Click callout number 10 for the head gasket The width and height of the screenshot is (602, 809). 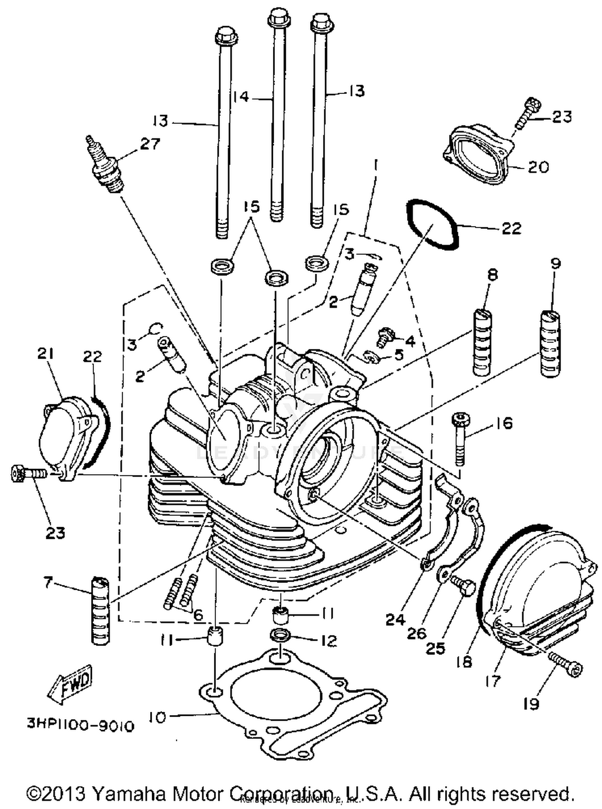[159, 717]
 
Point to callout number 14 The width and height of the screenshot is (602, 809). [241, 97]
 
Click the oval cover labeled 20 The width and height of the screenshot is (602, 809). [478, 156]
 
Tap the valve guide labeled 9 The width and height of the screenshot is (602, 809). [550, 343]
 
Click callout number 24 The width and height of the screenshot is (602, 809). [395, 620]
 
